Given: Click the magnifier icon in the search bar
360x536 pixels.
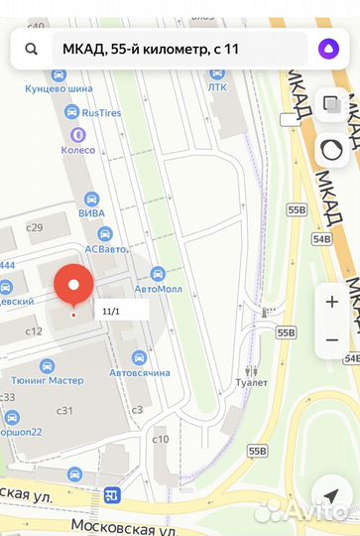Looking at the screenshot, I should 32,49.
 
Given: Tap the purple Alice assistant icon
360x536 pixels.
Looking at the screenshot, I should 326,49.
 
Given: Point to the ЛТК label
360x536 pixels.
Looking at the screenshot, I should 216,86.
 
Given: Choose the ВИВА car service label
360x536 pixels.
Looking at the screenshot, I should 92,211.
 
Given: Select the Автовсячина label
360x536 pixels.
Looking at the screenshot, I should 139,372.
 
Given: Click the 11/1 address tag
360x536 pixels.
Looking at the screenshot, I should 111,311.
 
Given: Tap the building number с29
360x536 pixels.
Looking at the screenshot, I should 35,227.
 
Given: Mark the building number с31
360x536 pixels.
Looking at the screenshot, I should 65,410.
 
